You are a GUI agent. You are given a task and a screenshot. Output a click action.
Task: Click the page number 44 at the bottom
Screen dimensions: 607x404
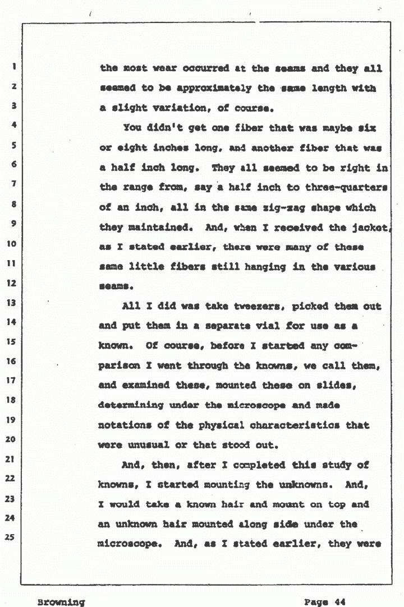[x=338, y=602]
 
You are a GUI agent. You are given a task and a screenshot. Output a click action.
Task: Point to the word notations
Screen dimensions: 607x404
[x=125, y=425]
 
